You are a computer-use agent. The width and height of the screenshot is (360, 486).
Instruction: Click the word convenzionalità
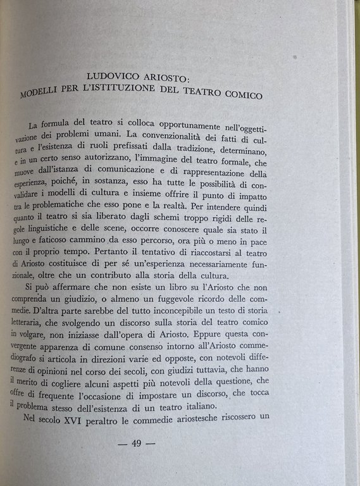(161, 135)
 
